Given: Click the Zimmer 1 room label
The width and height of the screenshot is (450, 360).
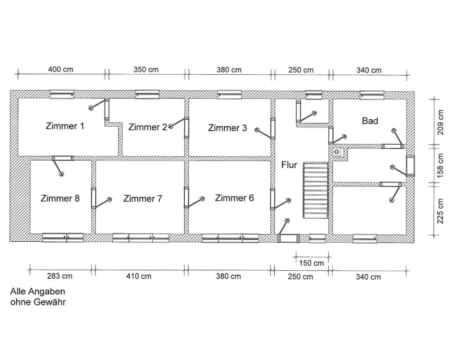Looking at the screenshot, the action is [65, 126].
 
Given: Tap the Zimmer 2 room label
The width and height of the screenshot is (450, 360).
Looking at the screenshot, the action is [148, 127].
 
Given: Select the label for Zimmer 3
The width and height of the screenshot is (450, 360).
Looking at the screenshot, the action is [227, 128].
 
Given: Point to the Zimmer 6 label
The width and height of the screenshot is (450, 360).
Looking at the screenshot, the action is [235, 198].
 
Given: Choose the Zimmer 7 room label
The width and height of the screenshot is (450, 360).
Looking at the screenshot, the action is [143, 198].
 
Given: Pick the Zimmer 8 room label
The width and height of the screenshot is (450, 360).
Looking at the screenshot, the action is [60, 198].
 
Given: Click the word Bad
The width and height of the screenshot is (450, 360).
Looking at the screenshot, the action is [370, 121].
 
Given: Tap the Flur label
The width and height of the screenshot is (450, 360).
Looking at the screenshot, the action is [289, 165].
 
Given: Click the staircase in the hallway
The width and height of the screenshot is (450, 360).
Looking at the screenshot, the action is [316, 190].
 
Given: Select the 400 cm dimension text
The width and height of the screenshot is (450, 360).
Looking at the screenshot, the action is [61, 69].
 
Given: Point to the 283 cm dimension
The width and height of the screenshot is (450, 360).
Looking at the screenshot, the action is [60, 276].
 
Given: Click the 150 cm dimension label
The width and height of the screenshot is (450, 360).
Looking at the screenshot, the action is [312, 263].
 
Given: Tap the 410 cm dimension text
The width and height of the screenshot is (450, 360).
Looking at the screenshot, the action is [139, 276].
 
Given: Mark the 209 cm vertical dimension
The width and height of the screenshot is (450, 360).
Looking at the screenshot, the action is [440, 122].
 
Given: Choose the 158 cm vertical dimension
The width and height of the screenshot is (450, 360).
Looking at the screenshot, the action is [440, 165].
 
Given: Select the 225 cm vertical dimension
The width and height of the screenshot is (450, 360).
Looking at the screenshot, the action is [440, 211].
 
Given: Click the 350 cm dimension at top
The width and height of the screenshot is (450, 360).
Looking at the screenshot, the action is [146, 69].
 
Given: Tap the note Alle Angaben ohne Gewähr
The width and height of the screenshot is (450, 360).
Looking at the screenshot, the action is [38, 297].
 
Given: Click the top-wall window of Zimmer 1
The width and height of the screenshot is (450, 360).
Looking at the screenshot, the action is [62, 94].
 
